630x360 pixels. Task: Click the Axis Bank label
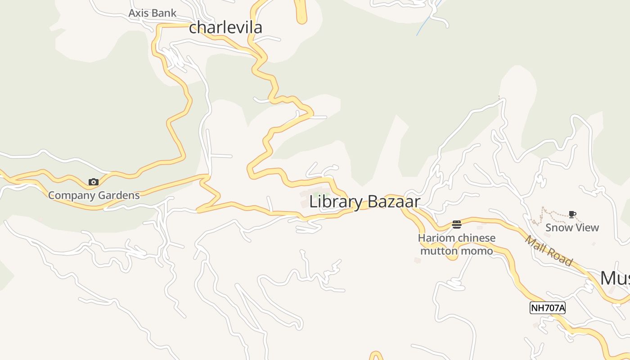click(x=152, y=13)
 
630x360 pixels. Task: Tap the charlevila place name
click(x=225, y=27)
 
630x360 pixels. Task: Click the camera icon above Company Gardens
click(x=94, y=182)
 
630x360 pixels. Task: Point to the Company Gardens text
click(x=94, y=195)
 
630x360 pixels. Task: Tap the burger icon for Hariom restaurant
click(x=457, y=224)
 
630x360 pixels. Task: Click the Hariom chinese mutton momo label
click(x=457, y=244)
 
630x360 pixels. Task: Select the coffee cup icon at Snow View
click(x=572, y=214)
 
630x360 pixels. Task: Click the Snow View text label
click(x=572, y=228)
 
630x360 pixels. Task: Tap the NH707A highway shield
click(x=547, y=308)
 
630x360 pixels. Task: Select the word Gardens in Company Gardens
click(x=120, y=195)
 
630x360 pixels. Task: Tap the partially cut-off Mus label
click(x=615, y=279)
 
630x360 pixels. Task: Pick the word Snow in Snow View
click(x=558, y=228)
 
